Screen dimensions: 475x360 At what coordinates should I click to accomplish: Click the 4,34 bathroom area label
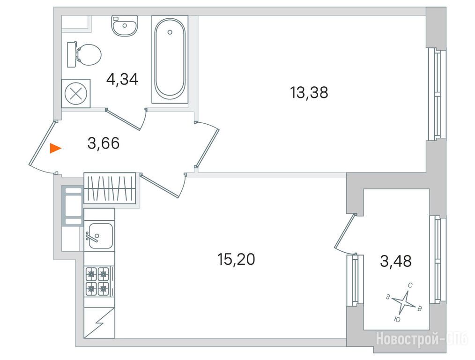122,79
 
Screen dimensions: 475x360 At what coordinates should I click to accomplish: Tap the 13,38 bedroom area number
309,92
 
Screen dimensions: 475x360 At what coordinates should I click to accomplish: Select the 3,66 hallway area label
104,143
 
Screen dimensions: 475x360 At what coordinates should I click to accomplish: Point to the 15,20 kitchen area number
236,259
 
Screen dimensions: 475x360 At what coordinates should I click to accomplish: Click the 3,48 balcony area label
396,261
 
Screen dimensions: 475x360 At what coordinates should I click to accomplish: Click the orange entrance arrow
55,149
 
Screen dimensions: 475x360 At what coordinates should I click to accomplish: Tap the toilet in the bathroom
84,55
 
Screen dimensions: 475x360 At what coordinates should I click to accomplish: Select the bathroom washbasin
125,26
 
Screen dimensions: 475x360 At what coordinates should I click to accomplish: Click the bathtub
170,59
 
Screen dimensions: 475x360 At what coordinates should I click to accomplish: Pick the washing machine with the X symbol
76,94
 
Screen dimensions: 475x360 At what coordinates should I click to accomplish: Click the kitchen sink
99,236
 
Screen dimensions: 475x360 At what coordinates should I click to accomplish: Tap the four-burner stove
97,282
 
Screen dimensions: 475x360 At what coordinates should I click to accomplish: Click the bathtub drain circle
170,32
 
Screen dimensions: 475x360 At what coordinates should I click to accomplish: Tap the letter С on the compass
410,285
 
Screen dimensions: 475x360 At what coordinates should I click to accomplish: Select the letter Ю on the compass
397,319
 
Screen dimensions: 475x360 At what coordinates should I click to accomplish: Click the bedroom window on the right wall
436,94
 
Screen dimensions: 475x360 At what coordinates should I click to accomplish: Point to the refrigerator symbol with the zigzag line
99,323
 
